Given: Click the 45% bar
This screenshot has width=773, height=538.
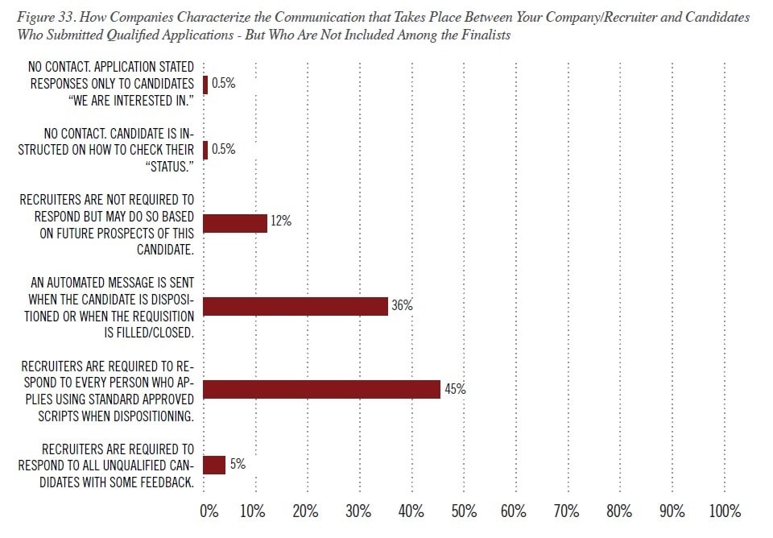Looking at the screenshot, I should point(322,389).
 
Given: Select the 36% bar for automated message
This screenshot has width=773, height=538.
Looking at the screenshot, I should point(296,306).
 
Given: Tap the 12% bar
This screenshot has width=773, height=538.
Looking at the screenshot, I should point(235,223).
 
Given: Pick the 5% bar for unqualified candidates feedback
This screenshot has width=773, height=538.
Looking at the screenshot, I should point(214,465).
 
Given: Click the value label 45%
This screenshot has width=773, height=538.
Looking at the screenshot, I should point(455,389).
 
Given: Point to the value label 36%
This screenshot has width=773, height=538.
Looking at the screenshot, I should point(402,306).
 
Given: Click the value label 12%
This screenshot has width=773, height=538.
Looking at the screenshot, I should point(281,223).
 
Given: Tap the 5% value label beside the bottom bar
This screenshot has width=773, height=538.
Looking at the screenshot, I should point(237,465).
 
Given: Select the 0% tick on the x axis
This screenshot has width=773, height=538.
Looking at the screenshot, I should point(208,511).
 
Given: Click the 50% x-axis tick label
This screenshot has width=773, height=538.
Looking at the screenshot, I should point(465,511).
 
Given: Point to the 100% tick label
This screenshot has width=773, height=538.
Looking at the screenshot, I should point(725,511).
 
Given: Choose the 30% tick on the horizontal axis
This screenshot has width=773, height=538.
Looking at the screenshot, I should point(358,511).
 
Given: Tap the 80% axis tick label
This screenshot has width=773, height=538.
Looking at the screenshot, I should point(619,511).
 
